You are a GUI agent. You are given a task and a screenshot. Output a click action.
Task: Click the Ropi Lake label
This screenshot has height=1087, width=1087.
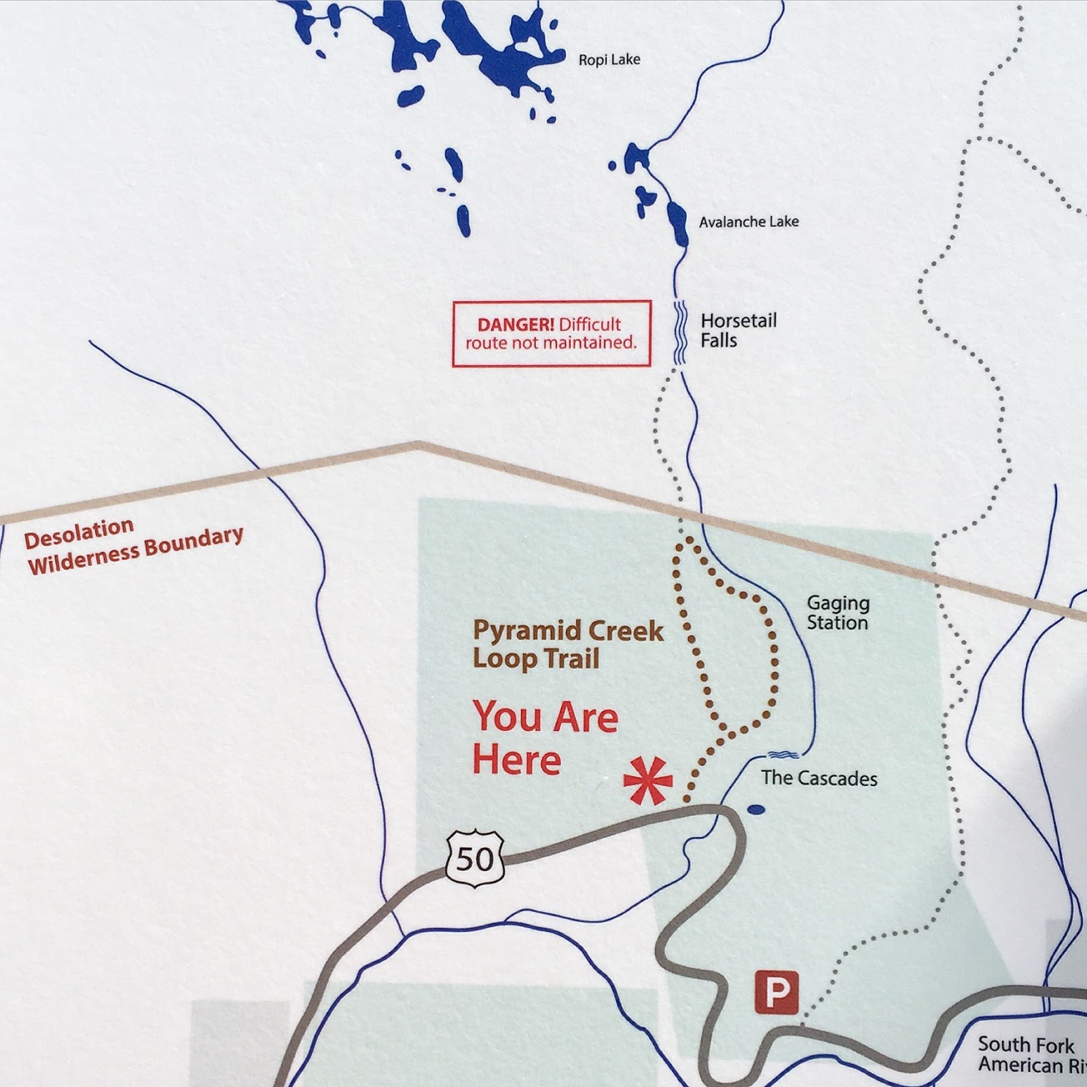click(x=609, y=60)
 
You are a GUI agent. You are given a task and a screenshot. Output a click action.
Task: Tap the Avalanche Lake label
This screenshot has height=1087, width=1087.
click(x=749, y=221)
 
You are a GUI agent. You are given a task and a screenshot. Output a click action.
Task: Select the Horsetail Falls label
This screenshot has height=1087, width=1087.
click(x=738, y=330)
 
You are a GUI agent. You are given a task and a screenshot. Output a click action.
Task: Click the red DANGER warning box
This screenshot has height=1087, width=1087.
click(x=551, y=334)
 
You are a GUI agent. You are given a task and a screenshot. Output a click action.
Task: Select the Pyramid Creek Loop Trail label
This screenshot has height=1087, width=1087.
click(x=567, y=645)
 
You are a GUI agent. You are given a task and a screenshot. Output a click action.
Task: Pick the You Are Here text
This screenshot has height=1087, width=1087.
click(x=545, y=738)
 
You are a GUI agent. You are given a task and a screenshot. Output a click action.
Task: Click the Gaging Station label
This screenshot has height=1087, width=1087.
click(x=838, y=613)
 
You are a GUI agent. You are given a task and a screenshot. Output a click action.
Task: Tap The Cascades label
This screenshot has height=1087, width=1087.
click(x=819, y=779)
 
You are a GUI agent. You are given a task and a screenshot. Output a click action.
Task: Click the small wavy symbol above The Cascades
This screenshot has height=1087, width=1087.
click(x=783, y=754)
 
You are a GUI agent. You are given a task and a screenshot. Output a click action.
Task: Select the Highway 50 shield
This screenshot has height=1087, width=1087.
click(x=476, y=859)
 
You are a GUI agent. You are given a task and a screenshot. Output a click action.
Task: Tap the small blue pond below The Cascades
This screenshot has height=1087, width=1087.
click(x=755, y=809)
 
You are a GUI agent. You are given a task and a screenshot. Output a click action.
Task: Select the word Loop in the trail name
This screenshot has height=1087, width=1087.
click(x=503, y=659)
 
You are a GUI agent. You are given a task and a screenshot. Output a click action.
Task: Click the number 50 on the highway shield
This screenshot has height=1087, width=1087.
click(x=475, y=860)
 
